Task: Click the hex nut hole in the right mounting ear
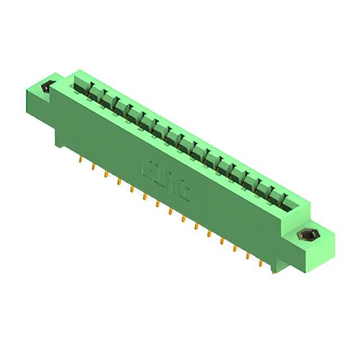pyautogui.click(x=307, y=235)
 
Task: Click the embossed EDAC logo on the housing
pyautogui.click(x=167, y=179)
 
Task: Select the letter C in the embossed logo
pyautogui.click(x=183, y=191)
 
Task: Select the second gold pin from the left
pyautogui.click(x=92, y=167)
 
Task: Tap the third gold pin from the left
pyautogui.click(x=105, y=175)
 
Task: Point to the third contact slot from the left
pyautogui.click(x=105, y=101)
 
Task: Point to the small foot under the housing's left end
pyautogui.click(x=58, y=140)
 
